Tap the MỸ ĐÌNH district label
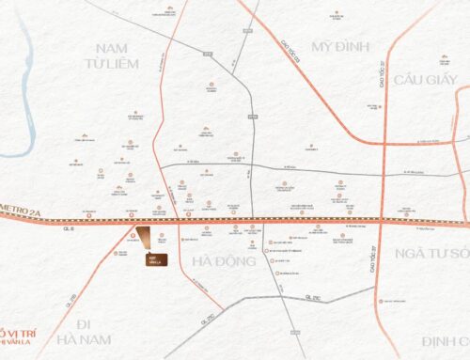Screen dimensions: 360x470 click(x=338, y=47)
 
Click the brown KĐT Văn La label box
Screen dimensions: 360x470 click(x=153, y=260)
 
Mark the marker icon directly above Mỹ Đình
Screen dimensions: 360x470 click(x=337, y=15)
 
